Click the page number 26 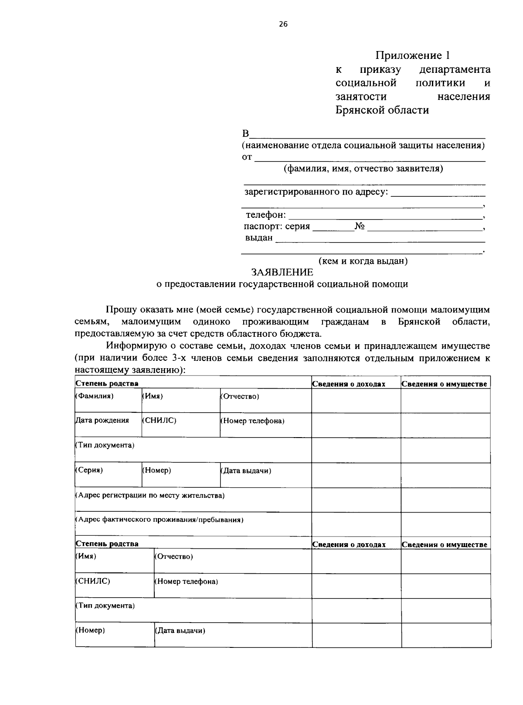click(283, 24)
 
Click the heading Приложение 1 click(412, 55)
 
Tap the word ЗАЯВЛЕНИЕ click(282, 273)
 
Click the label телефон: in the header click(265, 215)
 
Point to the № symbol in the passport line click(360, 226)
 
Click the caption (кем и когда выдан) click(363, 261)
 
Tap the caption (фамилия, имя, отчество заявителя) click(363, 169)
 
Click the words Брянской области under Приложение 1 click(382, 110)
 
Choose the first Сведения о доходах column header click(349, 384)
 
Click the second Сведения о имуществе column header click(444, 544)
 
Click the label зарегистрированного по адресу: click(316, 192)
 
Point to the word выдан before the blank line click(259, 238)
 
